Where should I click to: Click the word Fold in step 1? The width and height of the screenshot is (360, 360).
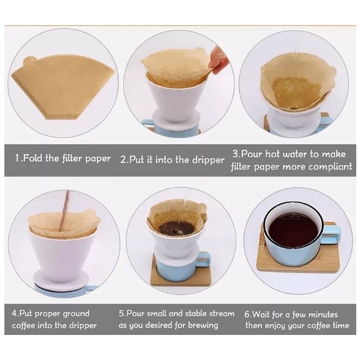coord(33,158)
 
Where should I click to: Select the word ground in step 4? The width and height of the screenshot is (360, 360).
coord(76,314)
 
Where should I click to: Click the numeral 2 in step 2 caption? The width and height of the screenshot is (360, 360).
coord(123,160)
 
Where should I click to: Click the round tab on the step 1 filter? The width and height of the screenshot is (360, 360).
coord(29,61)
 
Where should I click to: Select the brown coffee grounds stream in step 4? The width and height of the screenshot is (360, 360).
coord(64,211)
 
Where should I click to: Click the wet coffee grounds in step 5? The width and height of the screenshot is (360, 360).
coord(177,227)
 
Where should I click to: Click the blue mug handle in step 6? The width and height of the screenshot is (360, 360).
coord(331,234)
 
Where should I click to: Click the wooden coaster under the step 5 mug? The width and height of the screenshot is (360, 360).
coord(181,275)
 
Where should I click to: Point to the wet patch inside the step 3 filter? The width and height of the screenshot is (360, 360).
coord(296,93)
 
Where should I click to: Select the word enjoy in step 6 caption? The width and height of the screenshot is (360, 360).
coord(274,326)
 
